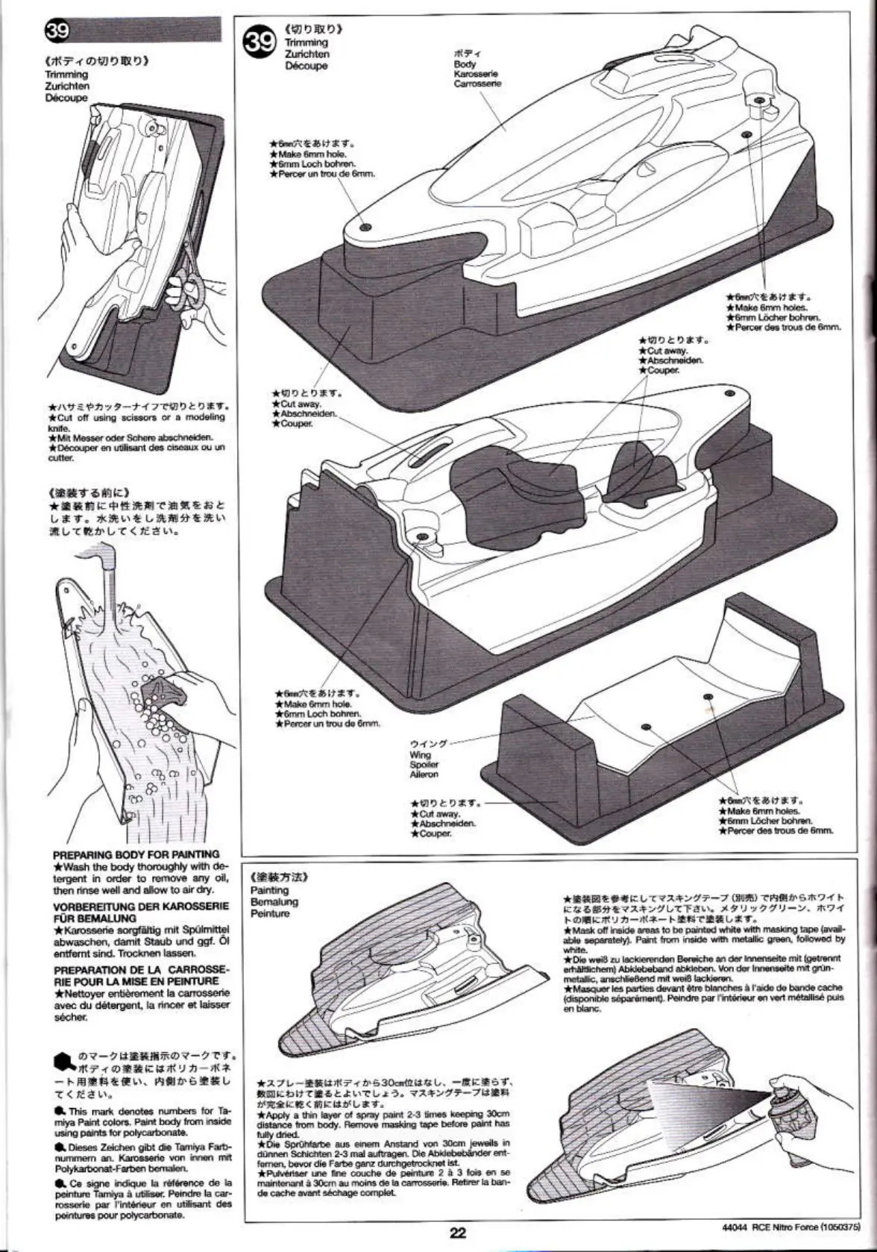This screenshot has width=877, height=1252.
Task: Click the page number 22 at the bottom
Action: click(457, 1233)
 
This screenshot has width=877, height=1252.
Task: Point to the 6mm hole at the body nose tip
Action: click(365, 226)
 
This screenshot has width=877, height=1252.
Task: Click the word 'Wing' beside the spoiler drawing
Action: click(420, 754)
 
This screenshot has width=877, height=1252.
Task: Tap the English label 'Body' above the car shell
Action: click(465, 64)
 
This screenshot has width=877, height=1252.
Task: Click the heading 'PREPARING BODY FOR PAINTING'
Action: click(136, 854)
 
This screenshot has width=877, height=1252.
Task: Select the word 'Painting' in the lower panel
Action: click(270, 890)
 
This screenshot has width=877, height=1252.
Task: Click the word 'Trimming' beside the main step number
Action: click(306, 43)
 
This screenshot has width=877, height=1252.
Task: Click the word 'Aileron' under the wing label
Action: click(424, 774)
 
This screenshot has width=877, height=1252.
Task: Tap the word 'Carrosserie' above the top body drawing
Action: click(477, 84)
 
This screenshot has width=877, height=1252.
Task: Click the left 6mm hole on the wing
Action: click(646, 725)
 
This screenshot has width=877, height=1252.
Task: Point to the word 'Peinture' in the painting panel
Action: click(270, 913)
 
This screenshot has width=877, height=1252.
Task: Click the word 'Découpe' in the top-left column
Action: click(66, 98)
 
